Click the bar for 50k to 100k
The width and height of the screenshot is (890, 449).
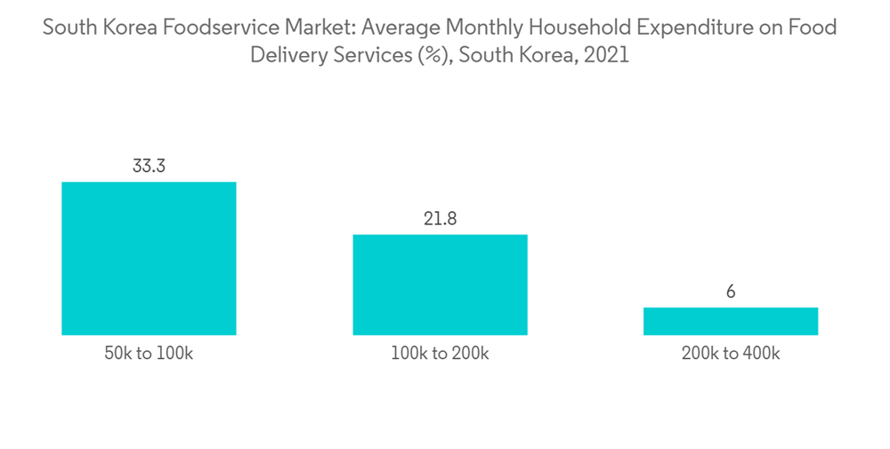(149, 258)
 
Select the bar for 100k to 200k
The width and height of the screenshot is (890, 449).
(440, 284)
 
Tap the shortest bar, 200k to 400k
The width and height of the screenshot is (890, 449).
(731, 321)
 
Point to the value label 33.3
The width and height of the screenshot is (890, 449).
(149, 166)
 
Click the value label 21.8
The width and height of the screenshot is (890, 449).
(440, 218)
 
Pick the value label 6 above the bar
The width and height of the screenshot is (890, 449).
(731, 291)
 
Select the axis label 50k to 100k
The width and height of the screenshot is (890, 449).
(149, 354)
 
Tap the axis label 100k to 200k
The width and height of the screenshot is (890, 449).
(440, 354)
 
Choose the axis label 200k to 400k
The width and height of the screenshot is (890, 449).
(731, 354)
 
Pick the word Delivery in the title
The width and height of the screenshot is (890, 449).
(287, 55)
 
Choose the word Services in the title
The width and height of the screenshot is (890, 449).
(367, 55)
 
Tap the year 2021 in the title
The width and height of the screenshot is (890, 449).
(607, 55)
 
